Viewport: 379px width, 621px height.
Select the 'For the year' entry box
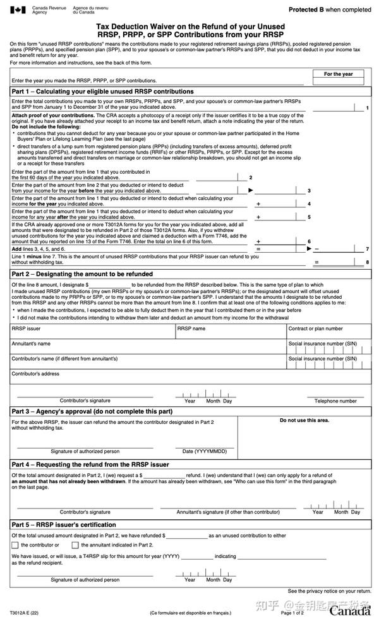pyautogui.click(x=338, y=81)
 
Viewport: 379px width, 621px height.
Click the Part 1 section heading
pyautogui.click(x=102, y=92)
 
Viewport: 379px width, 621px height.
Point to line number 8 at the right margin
pyautogui.click(x=367, y=262)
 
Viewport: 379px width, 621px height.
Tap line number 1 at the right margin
pyautogui.click(x=367, y=109)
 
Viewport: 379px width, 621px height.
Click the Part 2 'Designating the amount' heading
pyautogui.click(x=82, y=274)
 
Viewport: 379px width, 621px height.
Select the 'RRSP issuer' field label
pyautogui.click(x=26, y=329)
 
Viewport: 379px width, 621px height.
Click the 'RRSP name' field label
pyautogui.click(x=191, y=329)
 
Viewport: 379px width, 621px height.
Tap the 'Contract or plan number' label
pyautogui.click(x=315, y=329)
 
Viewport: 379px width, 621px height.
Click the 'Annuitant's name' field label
pyautogui.click(x=31, y=344)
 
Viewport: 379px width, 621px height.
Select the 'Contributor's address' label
pyautogui.click(x=36, y=373)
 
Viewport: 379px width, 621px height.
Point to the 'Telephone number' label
pyautogui.click(x=335, y=401)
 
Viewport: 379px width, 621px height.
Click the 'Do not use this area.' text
pyautogui.click(x=304, y=420)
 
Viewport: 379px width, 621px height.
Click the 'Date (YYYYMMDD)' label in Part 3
pyautogui.click(x=205, y=451)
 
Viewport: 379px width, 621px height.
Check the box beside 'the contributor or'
pyautogui.click(x=15, y=545)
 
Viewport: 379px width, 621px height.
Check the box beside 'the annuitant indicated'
pyautogui.click(x=75, y=545)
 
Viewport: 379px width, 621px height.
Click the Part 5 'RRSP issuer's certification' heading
pyautogui.click(x=86, y=525)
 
